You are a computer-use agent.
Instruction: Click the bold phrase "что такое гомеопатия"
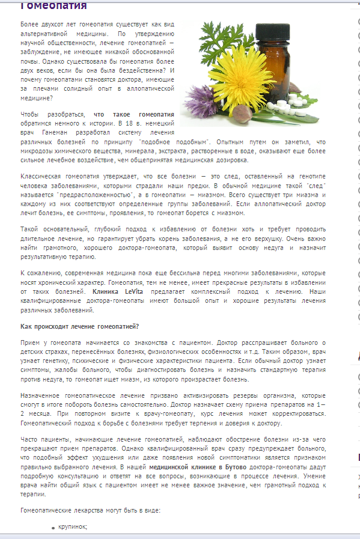134,114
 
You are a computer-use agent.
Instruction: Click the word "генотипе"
311,178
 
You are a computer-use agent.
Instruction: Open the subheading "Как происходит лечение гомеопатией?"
80,326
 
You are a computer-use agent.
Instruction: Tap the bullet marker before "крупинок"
53,528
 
